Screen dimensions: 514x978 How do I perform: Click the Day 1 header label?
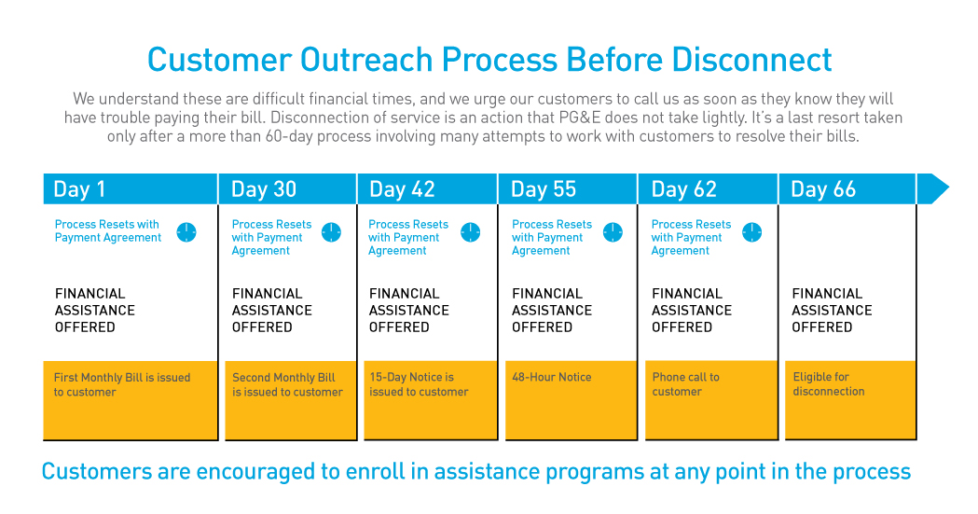[79, 189]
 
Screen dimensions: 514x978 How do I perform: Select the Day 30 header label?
[263, 189]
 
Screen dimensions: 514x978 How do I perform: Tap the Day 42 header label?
[402, 189]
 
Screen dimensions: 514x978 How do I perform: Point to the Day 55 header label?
[543, 189]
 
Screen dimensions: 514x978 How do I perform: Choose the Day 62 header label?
[683, 189]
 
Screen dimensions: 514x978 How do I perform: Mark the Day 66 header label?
[822, 189]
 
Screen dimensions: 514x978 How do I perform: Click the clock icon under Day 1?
[186, 232]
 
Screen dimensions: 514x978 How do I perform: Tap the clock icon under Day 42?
[471, 232]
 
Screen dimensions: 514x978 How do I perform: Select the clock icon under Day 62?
[752, 232]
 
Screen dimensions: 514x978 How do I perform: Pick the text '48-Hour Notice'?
[551, 378]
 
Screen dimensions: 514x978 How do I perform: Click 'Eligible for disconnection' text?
[828, 384]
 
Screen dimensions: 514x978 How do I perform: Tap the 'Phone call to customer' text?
[685, 384]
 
